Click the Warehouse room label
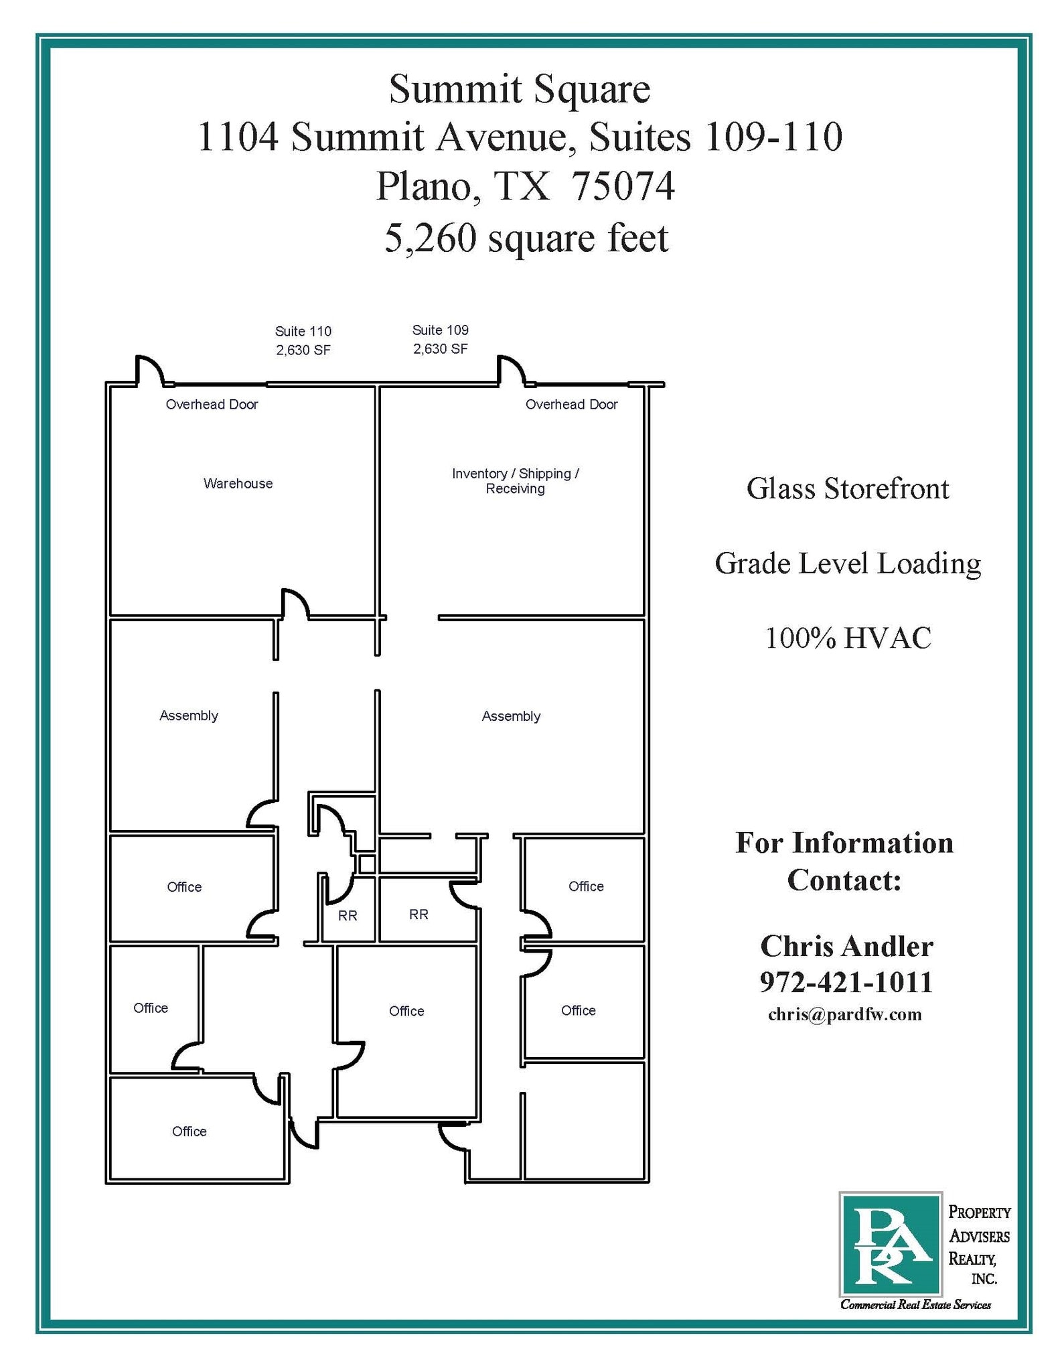coord(238,484)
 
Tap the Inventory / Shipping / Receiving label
coord(515,481)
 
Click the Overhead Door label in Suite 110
coord(212,405)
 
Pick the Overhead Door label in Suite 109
coord(571,405)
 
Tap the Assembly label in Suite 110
coord(189,715)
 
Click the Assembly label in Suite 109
coord(511,716)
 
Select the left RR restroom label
coord(348,915)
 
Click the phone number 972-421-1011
coord(846,983)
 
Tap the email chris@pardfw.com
coord(844,1015)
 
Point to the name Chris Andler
coord(846,947)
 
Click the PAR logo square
coord(890,1244)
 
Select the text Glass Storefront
coord(848,489)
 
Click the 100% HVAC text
coord(848,638)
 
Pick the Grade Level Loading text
coord(848,563)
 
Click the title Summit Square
coord(520,89)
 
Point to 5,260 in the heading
coord(430,238)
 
